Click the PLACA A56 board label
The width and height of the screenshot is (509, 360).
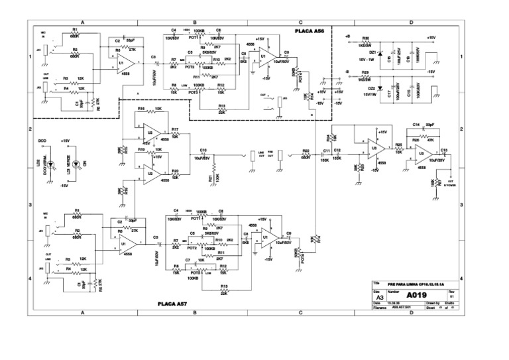coord(311,30)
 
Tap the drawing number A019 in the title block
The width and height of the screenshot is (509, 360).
coord(416,294)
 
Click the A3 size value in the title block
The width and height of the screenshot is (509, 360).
coord(379,298)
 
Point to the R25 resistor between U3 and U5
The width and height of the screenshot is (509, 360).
coord(399,150)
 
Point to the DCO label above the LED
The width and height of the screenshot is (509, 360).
coord(41,141)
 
